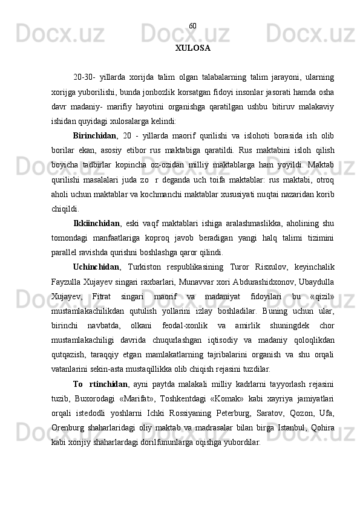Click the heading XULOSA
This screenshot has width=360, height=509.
192,47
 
